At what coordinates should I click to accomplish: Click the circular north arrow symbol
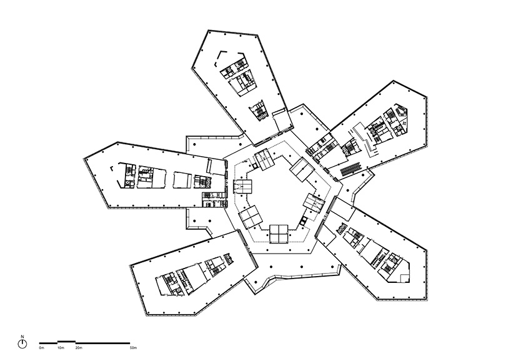pyautogui.click(x=22, y=344)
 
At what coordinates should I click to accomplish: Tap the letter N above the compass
pyautogui.click(x=22, y=336)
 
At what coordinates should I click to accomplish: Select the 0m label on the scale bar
pyautogui.click(x=41, y=348)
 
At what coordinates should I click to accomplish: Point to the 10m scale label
pyautogui.click(x=61, y=348)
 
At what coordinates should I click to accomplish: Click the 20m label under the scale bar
pyautogui.click(x=79, y=348)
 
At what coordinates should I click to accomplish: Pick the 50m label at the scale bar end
pyautogui.click(x=133, y=348)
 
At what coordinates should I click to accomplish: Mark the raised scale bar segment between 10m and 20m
pyautogui.click(x=66, y=342)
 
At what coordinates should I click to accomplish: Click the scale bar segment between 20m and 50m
pyautogui.click(x=102, y=343)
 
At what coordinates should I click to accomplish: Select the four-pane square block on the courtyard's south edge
pyautogui.click(x=279, y=234)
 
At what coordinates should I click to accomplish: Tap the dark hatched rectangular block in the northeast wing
pyautogui.click(x=352, y=168)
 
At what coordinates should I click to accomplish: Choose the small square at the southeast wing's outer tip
pyautogui.click(x=404, y=278)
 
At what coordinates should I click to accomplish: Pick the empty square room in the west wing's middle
pyautogui.click(x=182, y=180)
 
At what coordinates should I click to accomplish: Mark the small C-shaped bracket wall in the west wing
pyautogui.click(x=112, y=169)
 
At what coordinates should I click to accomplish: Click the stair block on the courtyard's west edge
pyautogui.click(x=243, y=187)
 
